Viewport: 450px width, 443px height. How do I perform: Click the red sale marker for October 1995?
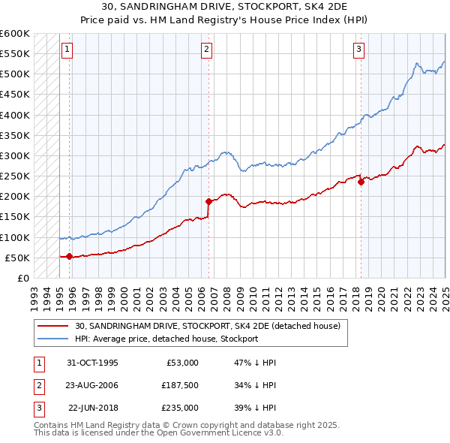(x=70, y=256)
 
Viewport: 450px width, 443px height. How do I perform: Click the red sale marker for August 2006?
(x=208, y=201)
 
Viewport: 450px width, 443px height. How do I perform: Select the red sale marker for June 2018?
(x=361, y=181)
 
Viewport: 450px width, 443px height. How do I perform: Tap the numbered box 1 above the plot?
(x=67, y=50)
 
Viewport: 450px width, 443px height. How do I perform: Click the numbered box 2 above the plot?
(x=206, y=50)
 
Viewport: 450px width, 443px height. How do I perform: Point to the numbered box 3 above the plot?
(x=358, y=50)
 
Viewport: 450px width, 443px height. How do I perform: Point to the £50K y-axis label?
(x=17, y=258)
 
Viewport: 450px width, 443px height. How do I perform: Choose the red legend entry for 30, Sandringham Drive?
(x=207, y=326)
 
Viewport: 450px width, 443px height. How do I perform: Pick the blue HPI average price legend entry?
(x=166, y=339)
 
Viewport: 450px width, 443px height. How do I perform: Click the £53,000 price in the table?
(x=181, y=363)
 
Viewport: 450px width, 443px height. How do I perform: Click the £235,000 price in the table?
(x=181, y=408)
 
